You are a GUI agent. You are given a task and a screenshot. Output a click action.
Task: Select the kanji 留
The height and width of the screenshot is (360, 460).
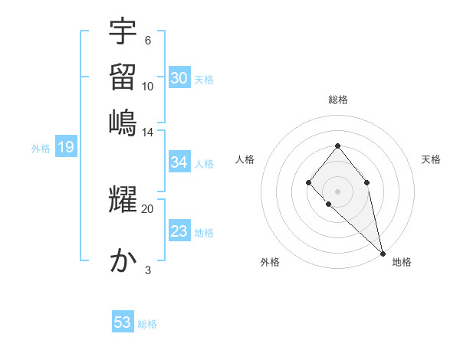tap(123, 76)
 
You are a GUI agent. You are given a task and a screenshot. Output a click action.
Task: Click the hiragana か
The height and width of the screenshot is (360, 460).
tap(123, 261)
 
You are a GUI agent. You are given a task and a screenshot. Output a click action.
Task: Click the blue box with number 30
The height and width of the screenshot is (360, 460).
tap(179, 78)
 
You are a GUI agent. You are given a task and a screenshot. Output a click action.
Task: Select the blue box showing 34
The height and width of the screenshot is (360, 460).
tap(179, 162)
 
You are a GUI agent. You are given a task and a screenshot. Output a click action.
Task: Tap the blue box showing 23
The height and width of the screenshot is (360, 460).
tap(179, 231)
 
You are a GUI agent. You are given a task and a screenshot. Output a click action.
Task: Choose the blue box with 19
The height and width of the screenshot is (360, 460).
tap(66, 148)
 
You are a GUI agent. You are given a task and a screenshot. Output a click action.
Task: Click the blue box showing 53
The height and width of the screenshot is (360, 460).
tap(123, 322)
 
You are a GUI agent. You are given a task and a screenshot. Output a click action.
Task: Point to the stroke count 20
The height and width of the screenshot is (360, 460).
tap(147, 208)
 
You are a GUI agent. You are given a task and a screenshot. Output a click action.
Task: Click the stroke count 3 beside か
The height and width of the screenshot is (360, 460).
tap(147, 270)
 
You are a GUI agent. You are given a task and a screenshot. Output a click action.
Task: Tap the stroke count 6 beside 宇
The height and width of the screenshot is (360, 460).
tap(147, 40)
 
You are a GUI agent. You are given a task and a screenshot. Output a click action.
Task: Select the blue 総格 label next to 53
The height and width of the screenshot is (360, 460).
tap(147, 324)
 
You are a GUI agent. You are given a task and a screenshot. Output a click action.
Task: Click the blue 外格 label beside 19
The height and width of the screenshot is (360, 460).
tap(40, 149)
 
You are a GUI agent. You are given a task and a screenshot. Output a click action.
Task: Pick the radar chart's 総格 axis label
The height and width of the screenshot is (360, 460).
tap(337, 100)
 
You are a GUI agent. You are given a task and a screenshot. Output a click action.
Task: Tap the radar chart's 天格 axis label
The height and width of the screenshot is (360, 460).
tap(431, 159)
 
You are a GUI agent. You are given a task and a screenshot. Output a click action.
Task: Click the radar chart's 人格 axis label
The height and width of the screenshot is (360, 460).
tap(245, 159)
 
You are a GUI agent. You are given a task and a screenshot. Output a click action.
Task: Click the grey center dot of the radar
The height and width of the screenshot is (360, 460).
tap(337, 191)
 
